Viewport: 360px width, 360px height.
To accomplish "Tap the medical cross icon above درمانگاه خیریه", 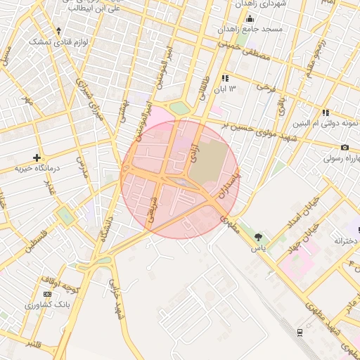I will (37, 157).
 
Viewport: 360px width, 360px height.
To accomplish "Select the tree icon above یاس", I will (259, 237).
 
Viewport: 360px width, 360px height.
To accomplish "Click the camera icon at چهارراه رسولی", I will (345, 147).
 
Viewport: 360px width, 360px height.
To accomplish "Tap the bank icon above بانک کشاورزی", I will (47, 294).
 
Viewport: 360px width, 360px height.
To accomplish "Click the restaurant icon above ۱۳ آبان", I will (225, 78).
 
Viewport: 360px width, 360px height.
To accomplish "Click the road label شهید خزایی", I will (114, 296).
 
